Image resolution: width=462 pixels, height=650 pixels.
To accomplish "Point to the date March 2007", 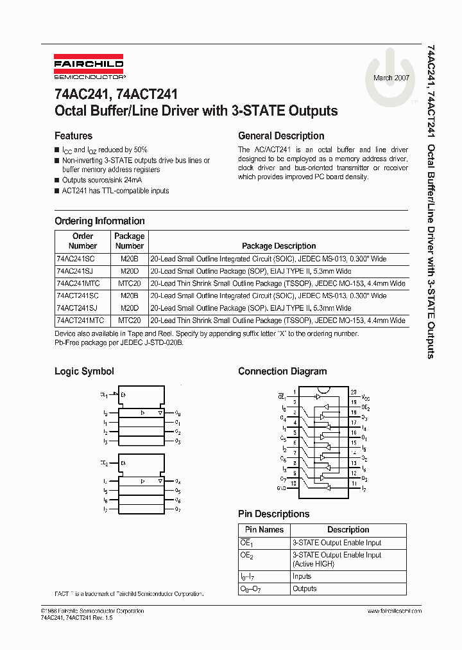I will pyautogui.click(x=391, y=77).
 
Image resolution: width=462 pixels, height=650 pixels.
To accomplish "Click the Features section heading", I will pyautogui.click(x=73, y=136).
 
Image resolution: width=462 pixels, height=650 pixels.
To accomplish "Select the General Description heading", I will pyautogui.click(x=281, y=136).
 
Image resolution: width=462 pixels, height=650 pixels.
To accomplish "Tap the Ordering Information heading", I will pyautogui.click(x=99, y=221).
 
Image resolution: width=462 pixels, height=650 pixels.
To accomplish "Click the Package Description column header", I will pyautogui.click(x=278, y=246).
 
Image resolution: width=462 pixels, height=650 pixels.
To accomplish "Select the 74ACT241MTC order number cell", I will pyautogui.click(x=80, y=320).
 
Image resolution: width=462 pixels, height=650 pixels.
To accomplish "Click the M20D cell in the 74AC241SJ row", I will pyautogui.click(x=129, y=270).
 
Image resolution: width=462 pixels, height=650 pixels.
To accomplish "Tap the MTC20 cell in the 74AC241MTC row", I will pyautogui.click(x=129, y=283).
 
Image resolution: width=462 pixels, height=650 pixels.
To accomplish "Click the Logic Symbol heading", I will pyautogui.click(x=84, y=371).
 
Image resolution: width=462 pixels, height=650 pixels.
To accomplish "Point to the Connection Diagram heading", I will pyautogui.click(x=282, y=371).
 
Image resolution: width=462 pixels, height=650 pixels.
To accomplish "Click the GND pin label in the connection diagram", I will pyautogui.click(x=281, y=489).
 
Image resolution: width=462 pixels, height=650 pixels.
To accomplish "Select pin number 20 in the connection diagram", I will pyautogui.click(x=353, y=391).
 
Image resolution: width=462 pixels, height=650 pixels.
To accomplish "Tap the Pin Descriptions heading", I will pyautogui.click(x=273, y=514).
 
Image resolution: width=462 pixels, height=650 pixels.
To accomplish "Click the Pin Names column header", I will pyautogui.click(x=264, y=530).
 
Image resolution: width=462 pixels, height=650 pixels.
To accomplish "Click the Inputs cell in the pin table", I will pyautogui.click(x=302, y=576).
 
